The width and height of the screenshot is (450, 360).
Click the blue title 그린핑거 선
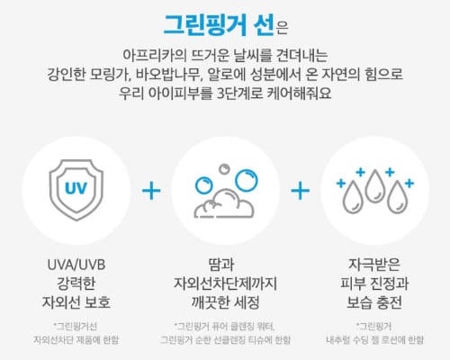219,25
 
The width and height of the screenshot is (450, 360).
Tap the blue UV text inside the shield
76,188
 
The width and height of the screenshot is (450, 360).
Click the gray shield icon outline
76,165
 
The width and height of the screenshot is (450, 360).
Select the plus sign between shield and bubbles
151,191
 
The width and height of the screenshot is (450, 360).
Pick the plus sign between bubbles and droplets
301,191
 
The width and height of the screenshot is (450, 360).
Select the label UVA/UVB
76,265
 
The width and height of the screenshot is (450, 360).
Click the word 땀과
221,265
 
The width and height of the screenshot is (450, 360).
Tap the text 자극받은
374,265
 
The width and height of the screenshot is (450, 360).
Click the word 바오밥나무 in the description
166,74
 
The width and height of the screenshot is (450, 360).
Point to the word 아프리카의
155,55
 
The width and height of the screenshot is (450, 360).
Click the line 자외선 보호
76,302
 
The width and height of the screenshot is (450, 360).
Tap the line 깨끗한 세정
225,302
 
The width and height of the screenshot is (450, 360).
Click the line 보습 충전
374,302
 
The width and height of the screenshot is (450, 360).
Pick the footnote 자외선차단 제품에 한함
76,340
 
